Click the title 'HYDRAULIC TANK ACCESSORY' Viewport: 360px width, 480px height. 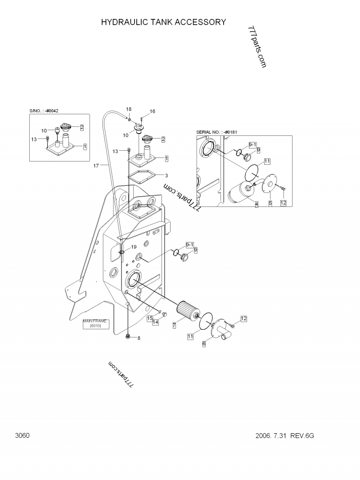pos(163,22)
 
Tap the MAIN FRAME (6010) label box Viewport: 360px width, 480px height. pos(95,323)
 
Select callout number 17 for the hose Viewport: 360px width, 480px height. pos(96,166)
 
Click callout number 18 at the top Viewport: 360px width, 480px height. pos(129,109)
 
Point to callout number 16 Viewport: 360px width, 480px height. pos(152,111)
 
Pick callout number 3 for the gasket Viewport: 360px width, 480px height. pos(166,176)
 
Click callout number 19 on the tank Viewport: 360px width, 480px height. pos(134,247)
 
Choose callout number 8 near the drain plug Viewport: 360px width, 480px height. pos(139,338)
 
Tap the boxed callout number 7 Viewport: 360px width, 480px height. pos(174,326)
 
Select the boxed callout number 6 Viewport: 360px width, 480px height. pos(204,344)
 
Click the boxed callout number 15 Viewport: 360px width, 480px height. pos(150,319)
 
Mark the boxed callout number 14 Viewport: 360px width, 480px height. pos(156,322)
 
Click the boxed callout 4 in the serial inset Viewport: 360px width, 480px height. pos(256,204)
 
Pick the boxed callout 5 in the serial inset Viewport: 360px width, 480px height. pos(270,203)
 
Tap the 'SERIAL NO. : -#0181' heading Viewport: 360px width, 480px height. pos(216,132)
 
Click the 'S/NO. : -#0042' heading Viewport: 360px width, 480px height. pos(44,111)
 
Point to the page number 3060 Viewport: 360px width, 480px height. pos(22,435)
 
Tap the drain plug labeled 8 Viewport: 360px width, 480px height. pos(128,337)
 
